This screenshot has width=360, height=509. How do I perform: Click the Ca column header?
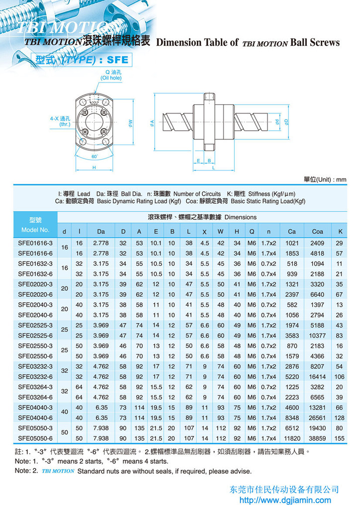(x=292, y=231)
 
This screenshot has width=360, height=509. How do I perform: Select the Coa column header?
(x=317, y=231)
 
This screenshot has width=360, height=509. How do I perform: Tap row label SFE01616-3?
(x=34, y=243)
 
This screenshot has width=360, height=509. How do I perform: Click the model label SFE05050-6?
(x=34, y=438)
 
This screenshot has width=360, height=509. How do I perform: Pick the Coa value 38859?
(x=317, y=438)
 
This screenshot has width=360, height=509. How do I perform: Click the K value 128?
(x=340, y=418)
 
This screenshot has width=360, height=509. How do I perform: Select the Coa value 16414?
(x=317, y=377)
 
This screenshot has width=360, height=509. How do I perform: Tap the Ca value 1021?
(x=292, y=243)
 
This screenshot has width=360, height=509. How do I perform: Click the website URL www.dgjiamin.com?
(x=285, y=500)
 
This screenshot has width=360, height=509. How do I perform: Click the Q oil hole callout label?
(x=111, y=75)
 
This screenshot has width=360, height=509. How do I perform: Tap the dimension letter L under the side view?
(x=213, y=169)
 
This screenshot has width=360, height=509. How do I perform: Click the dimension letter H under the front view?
(x=94, y=168)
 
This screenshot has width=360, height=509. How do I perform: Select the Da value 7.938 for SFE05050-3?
(x=101, y=428)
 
